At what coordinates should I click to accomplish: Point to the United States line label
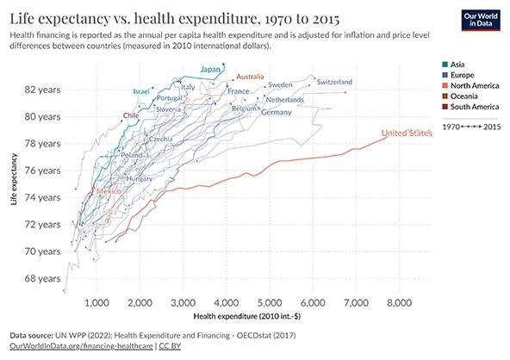(406, 133)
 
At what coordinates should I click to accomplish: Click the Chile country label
(131, 115)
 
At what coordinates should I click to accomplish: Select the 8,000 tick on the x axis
(400, 303)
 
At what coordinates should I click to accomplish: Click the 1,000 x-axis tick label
(96, 303)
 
